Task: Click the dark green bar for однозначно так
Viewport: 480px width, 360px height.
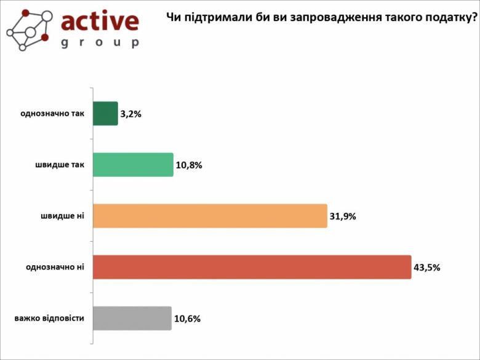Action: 105,113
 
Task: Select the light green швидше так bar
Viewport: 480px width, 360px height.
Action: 133,164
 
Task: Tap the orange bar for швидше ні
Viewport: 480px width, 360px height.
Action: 210,216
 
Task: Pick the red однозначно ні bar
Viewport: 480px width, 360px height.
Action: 252,267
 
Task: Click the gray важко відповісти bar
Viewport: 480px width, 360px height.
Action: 132,318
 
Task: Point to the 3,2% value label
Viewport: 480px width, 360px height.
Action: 131,114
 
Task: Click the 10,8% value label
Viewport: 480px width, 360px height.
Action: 188,165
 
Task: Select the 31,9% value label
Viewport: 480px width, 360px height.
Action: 343,217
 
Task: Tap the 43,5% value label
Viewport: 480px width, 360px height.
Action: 426,268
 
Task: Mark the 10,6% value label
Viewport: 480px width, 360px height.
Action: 187,319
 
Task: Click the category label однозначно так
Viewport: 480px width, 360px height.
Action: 52,114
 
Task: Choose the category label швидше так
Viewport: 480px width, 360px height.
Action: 60,165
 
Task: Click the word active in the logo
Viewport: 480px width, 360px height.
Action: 100,22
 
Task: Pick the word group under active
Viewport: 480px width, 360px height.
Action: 100,43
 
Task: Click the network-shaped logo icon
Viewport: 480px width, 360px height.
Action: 27,29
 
